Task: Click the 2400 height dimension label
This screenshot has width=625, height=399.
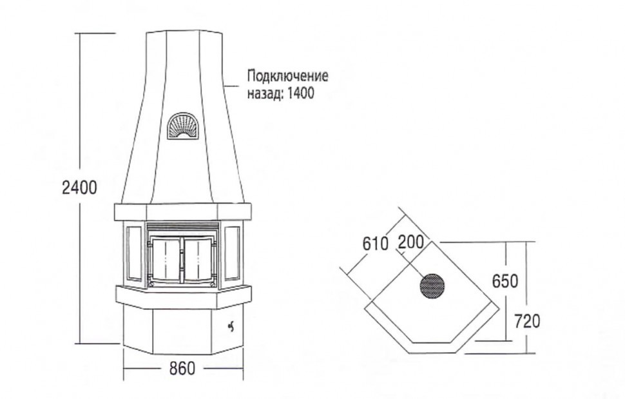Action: coord(80,188)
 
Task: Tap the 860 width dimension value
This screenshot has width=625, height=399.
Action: coord(182,368)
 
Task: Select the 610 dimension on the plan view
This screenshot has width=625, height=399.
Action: coord(375,244)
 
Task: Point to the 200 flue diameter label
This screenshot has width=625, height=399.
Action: coord(411,242)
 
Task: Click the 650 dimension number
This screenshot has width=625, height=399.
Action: coord(505,280)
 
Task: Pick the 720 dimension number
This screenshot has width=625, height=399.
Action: coord(527,321)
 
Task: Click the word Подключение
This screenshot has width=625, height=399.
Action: coord(288,75)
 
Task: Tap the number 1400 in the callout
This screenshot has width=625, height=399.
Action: coord(300,93)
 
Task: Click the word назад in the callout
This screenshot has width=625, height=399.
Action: coord(265,93)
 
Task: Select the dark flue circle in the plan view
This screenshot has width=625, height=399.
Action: coord(432,286)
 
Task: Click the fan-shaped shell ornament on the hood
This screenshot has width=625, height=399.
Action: coord(183,126)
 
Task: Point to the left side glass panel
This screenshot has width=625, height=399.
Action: coord(133,253)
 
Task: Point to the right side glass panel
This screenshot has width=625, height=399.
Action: coord(233,253)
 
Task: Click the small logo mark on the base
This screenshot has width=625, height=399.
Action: coord(231,326)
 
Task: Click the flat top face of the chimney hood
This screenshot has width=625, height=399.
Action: coord(183,32)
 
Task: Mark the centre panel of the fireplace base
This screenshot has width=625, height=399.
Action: coord(182,332)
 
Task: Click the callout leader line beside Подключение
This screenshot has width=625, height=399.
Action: coord(231,86)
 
